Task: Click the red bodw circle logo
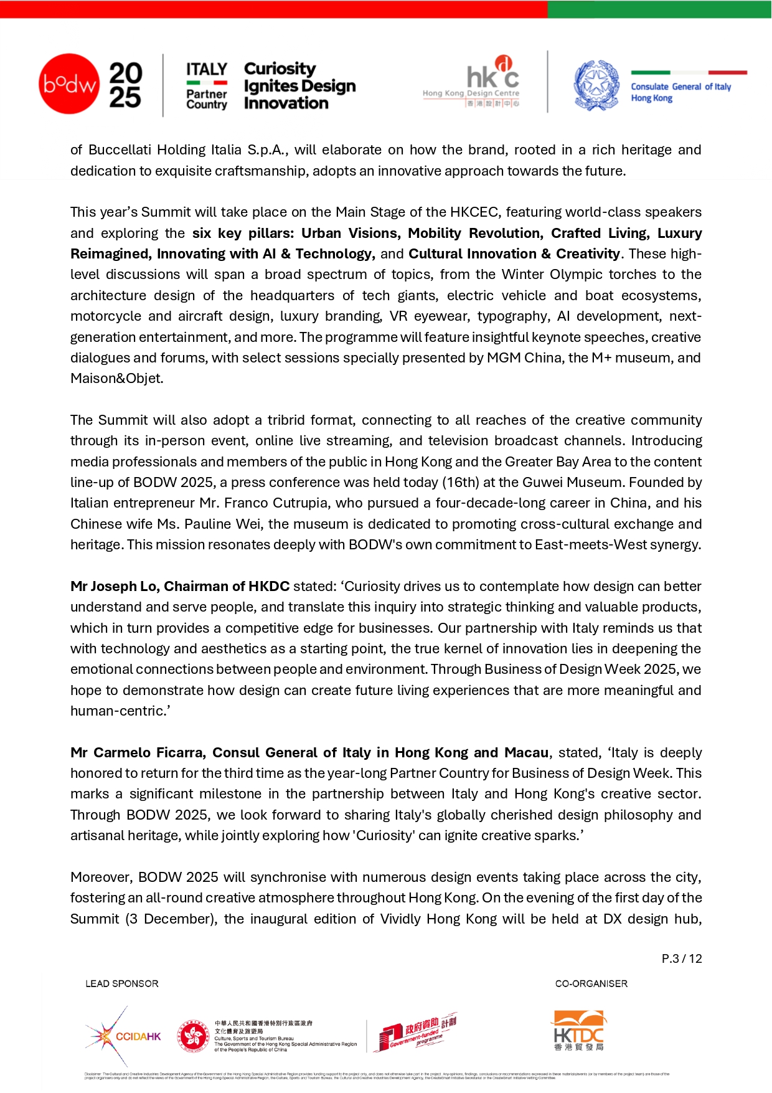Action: (68, 83)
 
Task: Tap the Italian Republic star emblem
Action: (596, 85)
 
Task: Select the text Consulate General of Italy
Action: (680, 87)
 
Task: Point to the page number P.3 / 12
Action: (682, 958)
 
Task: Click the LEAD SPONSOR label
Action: (122, 983)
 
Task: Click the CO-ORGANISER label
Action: (591, 983)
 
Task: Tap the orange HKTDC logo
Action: (578, 1031)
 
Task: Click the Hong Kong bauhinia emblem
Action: (193, 1036)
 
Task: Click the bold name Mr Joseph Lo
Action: (115, 586)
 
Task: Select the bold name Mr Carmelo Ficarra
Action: (137, 752)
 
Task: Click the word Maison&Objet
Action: (116, 379)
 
